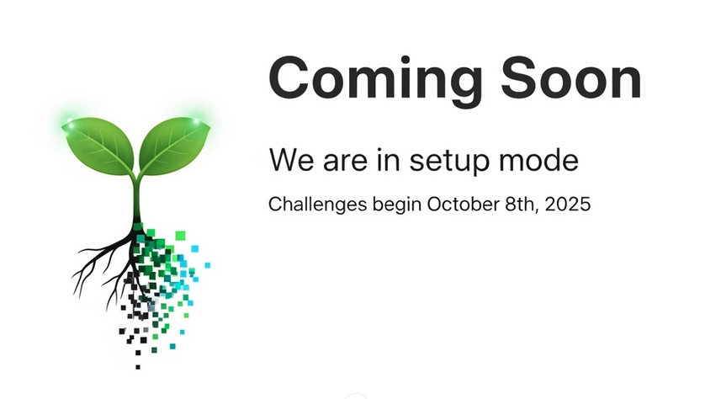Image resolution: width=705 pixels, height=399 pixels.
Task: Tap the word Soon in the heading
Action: pyautogui.click(x=571, y=77)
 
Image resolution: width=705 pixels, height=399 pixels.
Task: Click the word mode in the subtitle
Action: pyautogui.click(x=538, y=160)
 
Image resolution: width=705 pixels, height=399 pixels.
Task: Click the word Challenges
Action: pyautogui.click(x=317, y=205)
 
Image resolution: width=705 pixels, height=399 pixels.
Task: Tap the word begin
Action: pyautogui.click(x=397, y=205)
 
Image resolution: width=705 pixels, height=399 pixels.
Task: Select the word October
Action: pyautogui.click(x=463, y=205)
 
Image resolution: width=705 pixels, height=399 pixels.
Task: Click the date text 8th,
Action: pyautogui.click(x=522, y=205)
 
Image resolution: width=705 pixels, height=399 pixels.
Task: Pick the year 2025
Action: pyautogui.click(x=567, y=205)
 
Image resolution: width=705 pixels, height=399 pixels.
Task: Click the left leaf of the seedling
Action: pyautogui.click(x=100, y=145)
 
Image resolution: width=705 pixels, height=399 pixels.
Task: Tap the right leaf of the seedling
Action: pyautogui.click(x=173, y=145)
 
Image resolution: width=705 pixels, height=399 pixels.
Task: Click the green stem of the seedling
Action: pyautogui.click(x=136, y=198)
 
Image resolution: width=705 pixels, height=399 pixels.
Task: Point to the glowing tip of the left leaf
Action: pyautogui.click(x=69, y=120)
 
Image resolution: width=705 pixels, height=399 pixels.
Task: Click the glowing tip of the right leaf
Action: pyautogui.click(x=197, y=120)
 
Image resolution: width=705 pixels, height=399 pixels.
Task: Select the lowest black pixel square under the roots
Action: pyautogui.click(x=138, y=368)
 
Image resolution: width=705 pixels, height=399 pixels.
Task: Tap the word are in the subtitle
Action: pyautogui.click(x=345, y=162)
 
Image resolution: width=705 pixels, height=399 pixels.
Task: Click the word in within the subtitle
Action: pyautogui.click(x=388, y=160)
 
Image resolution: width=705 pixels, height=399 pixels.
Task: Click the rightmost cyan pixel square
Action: pyautogui.click(x=207, y=265)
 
